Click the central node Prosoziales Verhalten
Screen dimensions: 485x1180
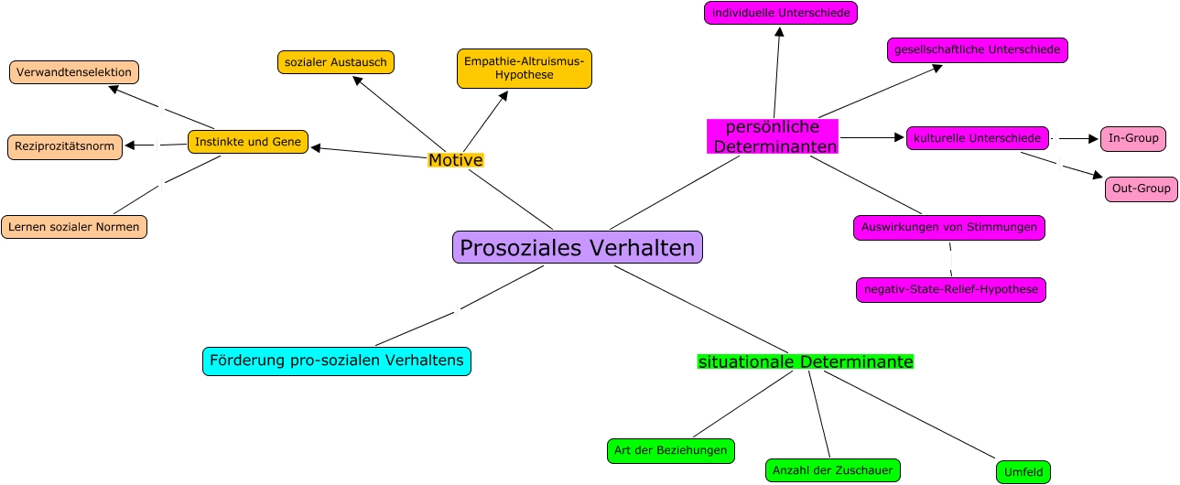tap(578, 247)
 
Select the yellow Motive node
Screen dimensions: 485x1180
tap(455, 160)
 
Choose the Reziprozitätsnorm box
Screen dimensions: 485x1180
tap(64, 146)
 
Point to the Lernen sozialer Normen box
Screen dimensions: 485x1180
tap(74, 226)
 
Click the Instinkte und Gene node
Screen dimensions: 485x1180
tap(248, 142)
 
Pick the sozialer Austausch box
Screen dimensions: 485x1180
tap(336, 62)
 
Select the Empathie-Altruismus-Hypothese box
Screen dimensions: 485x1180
tap(525, 69)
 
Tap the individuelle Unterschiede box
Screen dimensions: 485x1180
tap(781, 13)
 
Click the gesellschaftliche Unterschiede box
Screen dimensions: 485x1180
tap(978, 49)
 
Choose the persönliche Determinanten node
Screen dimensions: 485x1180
tap(774, 136)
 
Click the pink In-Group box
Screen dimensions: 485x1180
tap(1133, 138)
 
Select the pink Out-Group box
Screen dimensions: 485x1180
tap(1141, 189)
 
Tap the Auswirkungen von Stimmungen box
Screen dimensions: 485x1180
tap(949, 227)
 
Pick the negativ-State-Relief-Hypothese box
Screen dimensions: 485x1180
tap(951, 290)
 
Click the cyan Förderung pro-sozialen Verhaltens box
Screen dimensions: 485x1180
tap(337, 361)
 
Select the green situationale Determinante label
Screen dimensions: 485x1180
tap(806, 361)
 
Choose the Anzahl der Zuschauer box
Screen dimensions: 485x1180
tap(833, 470)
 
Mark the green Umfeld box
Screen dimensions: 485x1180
tap(1023, 472)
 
